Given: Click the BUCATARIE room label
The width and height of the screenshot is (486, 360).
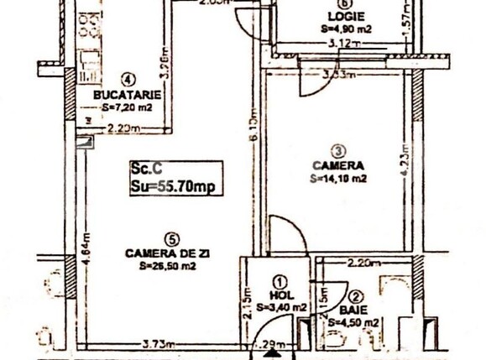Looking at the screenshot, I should [128, 94].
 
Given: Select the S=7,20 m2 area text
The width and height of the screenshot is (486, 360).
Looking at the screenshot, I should [128, 107].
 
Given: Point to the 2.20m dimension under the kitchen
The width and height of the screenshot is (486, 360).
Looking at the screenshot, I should [123, 128].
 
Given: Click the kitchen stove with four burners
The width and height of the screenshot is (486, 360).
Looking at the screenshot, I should [88, 62].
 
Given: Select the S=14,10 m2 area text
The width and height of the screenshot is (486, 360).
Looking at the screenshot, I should [338, 178].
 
